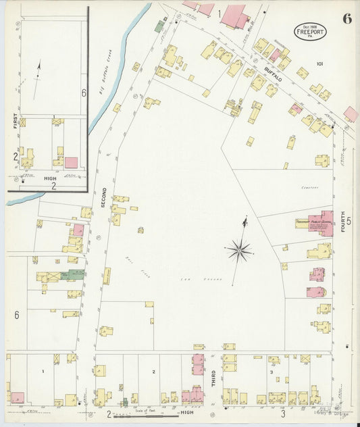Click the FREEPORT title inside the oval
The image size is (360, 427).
coord(308,32)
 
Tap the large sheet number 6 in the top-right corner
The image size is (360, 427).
coord(346,19)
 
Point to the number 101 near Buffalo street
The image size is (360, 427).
coord(319,64)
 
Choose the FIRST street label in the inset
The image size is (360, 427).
coord(15,121)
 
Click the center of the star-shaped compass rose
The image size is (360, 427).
coord(239,251)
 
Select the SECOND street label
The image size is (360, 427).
coord(104,197)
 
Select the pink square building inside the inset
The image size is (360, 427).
coord(71,162)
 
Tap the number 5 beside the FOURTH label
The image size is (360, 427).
coord(349,220)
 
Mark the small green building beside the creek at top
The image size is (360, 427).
coord(159,26)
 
